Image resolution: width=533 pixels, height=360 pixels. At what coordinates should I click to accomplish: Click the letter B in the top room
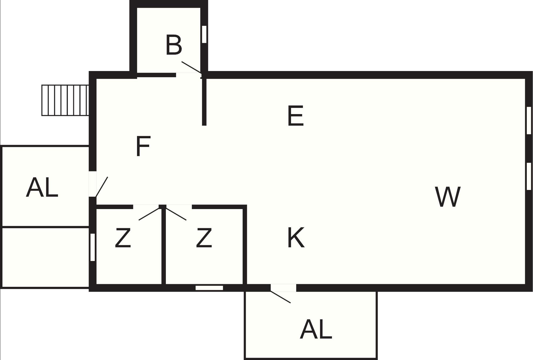pyautogui.click(x=174, y=45)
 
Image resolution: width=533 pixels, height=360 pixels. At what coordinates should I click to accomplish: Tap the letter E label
pyautogui.click(x=296, y=116)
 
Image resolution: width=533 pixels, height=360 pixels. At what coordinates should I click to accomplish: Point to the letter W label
pyautogui.click(x=448, y=197)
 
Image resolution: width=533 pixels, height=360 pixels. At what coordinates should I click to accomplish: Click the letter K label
pyautogui.click(x=296, y=238)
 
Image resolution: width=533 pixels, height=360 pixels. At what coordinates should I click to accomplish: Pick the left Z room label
pyautogui.click(x=123, y=238)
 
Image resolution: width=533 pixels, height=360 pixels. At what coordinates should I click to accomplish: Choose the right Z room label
pyautogui.click(x=204, y=238)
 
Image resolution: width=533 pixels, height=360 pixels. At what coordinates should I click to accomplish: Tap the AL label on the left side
pyautogui.click(x=42, y=188)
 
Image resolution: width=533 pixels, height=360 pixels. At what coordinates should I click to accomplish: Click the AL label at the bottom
pyautogui.click(x=316, y=329)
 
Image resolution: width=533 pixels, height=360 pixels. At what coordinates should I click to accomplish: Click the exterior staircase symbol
pyautogui.click(x=65, y=100)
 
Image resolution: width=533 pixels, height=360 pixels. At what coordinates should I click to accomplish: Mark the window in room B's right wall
pyautogui.click(x=204, y=34)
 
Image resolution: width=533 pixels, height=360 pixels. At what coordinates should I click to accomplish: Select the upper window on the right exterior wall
pyautogui.click(x=529, y=120)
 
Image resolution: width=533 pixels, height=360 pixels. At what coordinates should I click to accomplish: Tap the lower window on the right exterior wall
pyautogui.click(x=529, y=176)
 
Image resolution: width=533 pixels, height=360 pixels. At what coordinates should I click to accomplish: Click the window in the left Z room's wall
pyautogui.click(x=92, y=247)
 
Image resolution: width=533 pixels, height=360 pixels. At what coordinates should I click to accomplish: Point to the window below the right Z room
pyautogui.click(x=209, y=288)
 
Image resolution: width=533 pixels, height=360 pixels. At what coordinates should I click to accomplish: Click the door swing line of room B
pyautogui.click(x=192, y=68)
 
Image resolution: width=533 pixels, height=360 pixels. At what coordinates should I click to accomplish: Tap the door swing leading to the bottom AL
pyautogui.click(x=280, y=297)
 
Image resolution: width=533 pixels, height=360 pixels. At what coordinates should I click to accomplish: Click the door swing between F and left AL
pyautogui.click(x=102, y=187)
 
